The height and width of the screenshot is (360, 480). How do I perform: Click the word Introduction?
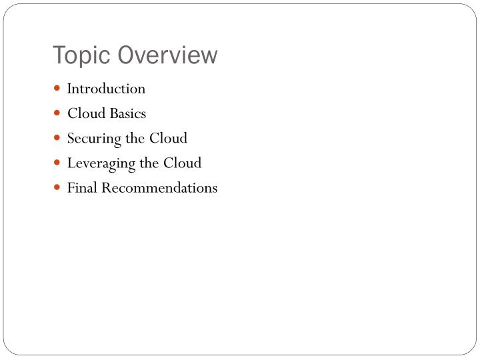click(106, 89)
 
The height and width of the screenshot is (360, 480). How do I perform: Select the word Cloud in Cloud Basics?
click(84, 113)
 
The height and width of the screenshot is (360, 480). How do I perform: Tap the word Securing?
click(91, 139)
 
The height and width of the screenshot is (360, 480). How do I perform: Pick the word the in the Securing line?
click(133, 138)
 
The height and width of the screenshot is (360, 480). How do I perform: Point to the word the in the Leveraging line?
click(147, 163)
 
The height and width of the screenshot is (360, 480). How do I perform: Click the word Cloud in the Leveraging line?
click(184, 163)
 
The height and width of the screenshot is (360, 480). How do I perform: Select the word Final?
click(81, 188)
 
